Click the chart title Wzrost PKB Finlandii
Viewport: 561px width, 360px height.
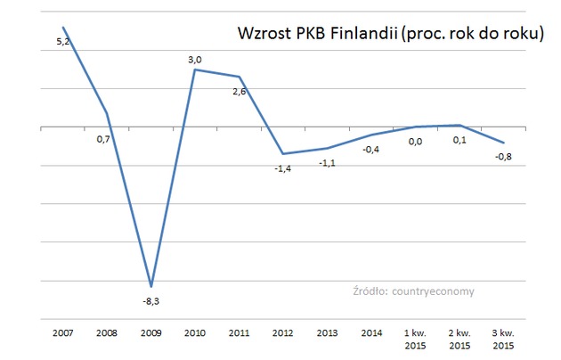[x=390, y=34]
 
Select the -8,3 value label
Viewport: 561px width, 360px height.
[x=151, y=300]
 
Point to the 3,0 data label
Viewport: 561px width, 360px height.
[x=194, y=60]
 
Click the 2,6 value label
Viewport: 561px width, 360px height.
[x=239, y=93]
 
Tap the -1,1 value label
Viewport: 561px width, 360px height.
[x=327, y=163]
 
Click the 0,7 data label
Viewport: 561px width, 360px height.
[x=103, y=140]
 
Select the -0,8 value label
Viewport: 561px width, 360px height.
[x=504, y=158]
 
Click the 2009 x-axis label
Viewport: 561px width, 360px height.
[x=150, y=332]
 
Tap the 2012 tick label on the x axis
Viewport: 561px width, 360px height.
[x=282, y=332]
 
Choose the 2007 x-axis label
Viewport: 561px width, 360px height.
[x=63, y=332]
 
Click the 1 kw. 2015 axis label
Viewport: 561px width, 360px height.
[x=414, y=338]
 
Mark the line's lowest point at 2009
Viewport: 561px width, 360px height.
[x=151, y=286]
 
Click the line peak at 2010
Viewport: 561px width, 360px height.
[x=195, y=70]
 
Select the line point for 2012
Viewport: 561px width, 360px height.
[x=282, y=154]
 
